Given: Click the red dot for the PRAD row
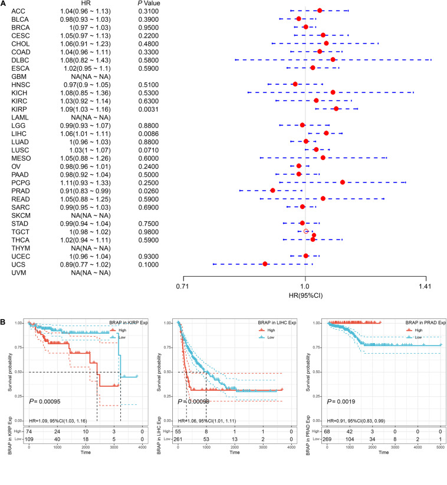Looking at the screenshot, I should (x=272, y=190).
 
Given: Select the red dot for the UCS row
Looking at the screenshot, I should (x=265, y=263).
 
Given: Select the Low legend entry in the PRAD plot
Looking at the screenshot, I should (x=418, y=337).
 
